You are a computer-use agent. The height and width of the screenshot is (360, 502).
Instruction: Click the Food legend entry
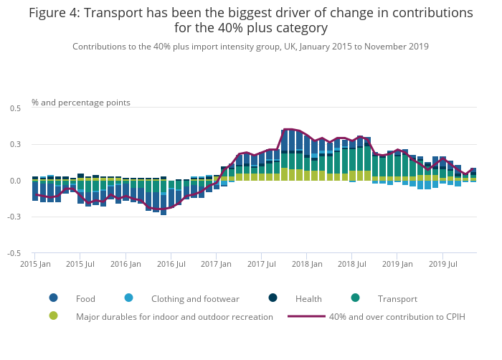point(85,298)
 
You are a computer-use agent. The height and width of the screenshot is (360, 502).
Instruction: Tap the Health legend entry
point(308,298)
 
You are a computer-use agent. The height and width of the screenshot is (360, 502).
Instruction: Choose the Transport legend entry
point(397,298)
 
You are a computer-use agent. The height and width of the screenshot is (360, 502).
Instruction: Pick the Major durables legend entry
point(174,316)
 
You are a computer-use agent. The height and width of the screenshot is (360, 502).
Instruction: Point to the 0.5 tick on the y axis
point(15,108)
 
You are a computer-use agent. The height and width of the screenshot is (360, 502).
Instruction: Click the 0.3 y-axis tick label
point(15,145)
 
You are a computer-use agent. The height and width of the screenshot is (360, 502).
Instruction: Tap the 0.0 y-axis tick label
point(15,181)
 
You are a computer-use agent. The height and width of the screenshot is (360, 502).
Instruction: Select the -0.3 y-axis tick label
point(14,217)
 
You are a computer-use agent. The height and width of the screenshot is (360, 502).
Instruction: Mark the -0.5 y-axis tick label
point(14,253)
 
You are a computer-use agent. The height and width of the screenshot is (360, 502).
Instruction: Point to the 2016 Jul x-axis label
point(170,264)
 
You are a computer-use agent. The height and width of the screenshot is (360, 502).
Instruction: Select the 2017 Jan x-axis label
point(216,264)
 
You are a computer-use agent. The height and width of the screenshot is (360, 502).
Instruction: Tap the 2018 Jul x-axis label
point(352,264)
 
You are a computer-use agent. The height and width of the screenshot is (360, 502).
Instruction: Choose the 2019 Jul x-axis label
point(443,264)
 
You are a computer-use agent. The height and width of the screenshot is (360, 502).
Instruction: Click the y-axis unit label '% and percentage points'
point(81,103)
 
